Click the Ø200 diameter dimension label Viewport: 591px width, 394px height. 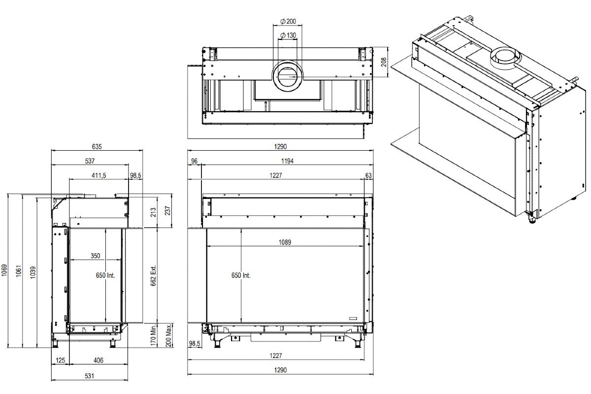point(288,21)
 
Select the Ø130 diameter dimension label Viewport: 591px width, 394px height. point(288,35)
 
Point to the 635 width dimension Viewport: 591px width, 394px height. point(97,147)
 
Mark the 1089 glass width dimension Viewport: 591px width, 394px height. point(285,242)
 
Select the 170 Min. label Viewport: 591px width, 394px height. point(154,336)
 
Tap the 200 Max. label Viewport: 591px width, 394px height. point(168,336)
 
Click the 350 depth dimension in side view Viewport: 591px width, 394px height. point(95,256)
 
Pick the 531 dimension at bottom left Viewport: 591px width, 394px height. point(89,376)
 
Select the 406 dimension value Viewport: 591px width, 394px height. point(98,361)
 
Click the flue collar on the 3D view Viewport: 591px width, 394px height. point(502,57)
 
